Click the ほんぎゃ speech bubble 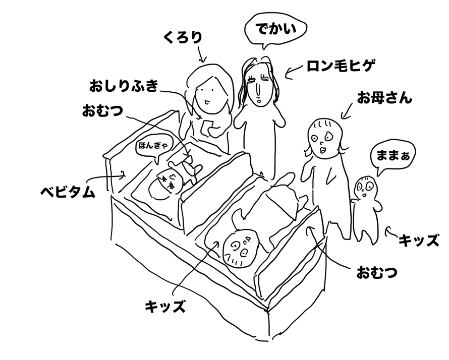(x=154, y=146)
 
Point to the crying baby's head (x=165, y=184)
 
